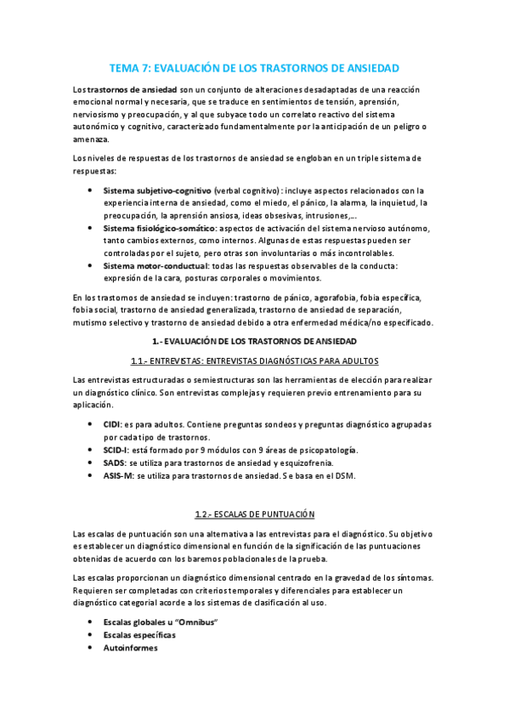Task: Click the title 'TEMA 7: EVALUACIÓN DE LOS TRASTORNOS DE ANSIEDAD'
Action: [254, 67]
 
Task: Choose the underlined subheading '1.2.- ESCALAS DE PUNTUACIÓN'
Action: [254, 514]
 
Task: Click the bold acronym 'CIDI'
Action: [111, 423]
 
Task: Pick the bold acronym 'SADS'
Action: [114, 463]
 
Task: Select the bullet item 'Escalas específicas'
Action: [139, 635]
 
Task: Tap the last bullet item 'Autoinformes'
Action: [130, 648]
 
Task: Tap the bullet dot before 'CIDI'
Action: [90, 423]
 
